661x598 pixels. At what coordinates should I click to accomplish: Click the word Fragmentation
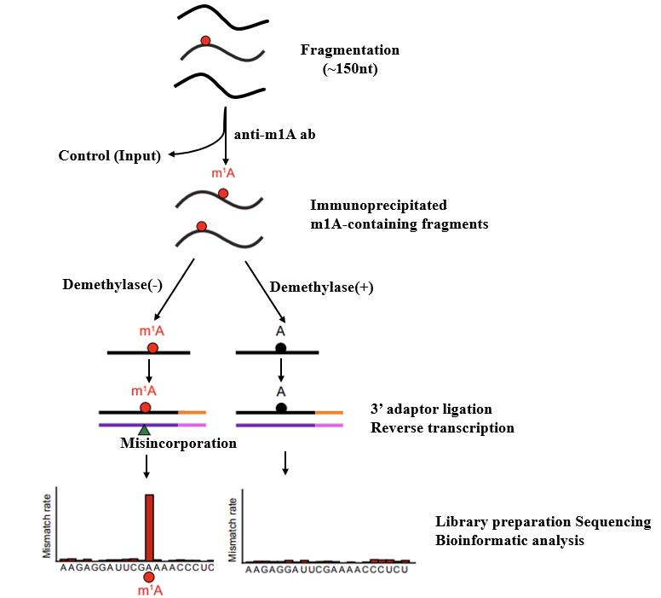coord(350,50)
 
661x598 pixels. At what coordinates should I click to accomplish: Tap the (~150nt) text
coord(350,69)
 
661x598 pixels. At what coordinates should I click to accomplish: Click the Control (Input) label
coord(110,155)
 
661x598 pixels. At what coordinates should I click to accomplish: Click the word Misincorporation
coord(178,444)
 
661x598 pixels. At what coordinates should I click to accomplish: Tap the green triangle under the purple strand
coord(145,429)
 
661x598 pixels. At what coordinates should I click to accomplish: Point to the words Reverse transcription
coord(442,427)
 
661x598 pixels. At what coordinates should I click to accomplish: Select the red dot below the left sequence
coord(150,578)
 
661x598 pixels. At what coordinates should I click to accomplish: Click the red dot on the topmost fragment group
coord(205,40)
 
